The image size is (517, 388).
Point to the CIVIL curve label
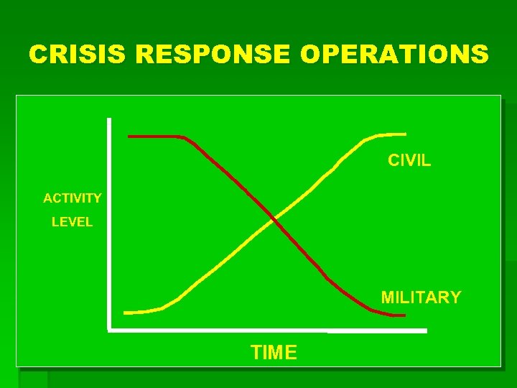[409, 160]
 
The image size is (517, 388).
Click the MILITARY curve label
[421, 297]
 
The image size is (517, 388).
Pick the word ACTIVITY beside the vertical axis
[73, 198]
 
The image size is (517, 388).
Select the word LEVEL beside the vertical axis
[72, 222]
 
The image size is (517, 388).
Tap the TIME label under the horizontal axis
[274, 352]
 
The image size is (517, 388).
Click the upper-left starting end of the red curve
[129, 136]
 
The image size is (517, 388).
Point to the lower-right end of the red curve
[404, 315]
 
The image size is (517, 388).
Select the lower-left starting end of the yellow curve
[126, 313]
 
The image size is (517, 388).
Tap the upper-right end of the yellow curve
[404, 134]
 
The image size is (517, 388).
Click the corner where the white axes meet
[109, 330]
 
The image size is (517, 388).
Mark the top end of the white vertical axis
[109, 119]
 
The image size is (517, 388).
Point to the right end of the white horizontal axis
[425, 331]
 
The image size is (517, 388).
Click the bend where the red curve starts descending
[185, 137]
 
